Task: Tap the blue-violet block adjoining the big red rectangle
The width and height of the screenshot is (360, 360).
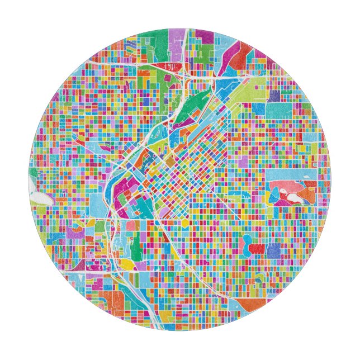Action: point(273,251)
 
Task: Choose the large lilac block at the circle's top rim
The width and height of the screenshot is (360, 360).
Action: point(177,42)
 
